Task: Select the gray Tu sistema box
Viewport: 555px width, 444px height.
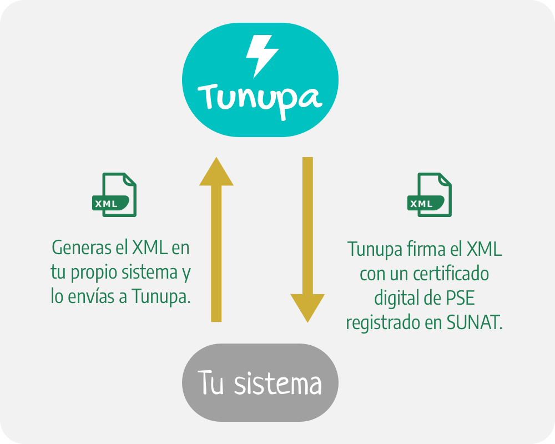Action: pos(260,382)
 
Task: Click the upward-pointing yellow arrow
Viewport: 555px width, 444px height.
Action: pos(216,239)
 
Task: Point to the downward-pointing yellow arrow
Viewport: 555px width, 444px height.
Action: pos(307,239)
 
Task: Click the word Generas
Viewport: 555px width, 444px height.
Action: pos(77,248)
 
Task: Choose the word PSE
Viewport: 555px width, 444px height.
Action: pos(460,299)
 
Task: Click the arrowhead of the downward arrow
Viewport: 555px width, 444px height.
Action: pos(307,308)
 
